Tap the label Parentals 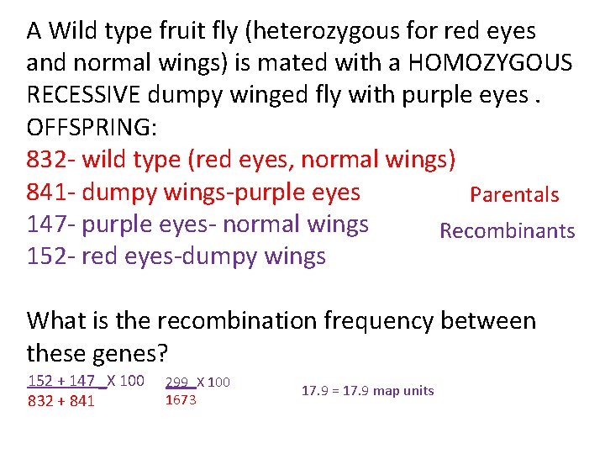click(514, 195)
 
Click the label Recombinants click(508, 231)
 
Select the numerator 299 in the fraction click(177, 382)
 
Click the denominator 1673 click(181, 399)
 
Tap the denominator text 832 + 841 click(61, 401)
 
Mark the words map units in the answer click(403, 390)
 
